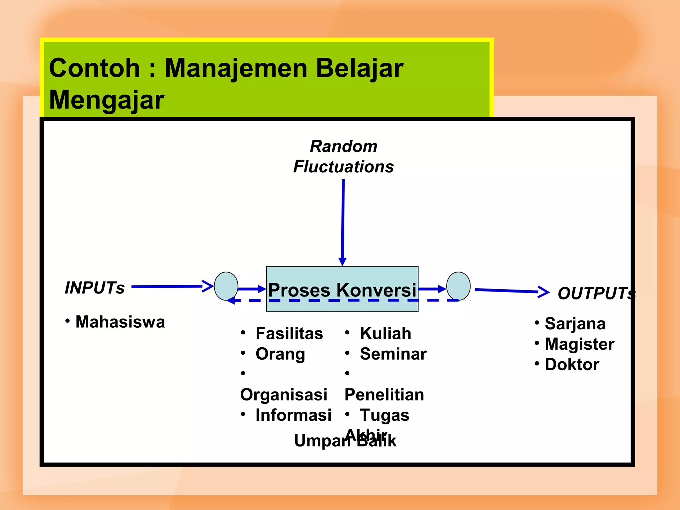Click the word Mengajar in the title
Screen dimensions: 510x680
coord(106,100)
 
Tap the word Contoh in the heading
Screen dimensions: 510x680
coord(94,68)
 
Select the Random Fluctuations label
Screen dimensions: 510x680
coord(343,156)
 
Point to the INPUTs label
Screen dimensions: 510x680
coord(95,288)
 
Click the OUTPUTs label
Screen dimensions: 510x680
coord(596,293)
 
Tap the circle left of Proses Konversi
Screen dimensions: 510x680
coord(226,286)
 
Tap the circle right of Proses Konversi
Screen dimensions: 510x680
coord(458,286)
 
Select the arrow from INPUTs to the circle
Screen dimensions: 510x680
coord(171,286)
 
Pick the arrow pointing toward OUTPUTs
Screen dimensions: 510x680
coord(511,291)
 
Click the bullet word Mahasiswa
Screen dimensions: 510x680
coord(120,322)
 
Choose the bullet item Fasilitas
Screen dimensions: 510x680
coord(289,333)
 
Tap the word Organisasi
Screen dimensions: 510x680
coord(284,394)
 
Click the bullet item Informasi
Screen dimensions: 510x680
coord(293,415)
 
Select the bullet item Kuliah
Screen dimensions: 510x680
coord(385,333)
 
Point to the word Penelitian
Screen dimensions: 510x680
coord(384,394)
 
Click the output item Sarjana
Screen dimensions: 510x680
coord(575,323)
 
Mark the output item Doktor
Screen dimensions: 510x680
coord(572,364)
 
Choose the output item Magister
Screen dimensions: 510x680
coord(579,344)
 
